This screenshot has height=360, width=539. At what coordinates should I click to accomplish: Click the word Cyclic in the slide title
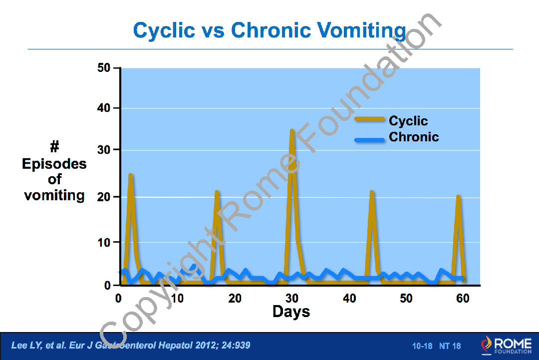click(x=164, y=31)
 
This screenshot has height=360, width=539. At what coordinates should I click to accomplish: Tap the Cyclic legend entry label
click(x=408, y=121)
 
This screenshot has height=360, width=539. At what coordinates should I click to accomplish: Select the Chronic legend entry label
click(x=414, y=137)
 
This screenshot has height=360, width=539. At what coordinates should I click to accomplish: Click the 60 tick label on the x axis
click(x=463, y=299)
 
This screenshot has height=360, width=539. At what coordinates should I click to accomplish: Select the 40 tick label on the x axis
click(x=349, y=299)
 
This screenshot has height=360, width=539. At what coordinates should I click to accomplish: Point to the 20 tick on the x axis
click(x=235, y=299)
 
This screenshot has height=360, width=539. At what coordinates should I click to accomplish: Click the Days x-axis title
click(x=291, y=312)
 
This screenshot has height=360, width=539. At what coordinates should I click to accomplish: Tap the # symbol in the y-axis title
click(x=54, y=147)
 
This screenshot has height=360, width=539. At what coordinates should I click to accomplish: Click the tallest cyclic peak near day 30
click(x=292, y=131)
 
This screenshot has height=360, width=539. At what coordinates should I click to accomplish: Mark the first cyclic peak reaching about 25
click(x=131, y=175)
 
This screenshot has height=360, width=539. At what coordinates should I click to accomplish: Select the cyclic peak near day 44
click(x=372, y=192)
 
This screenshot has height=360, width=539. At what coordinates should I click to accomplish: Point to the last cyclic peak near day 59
click(x=458, y=197)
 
